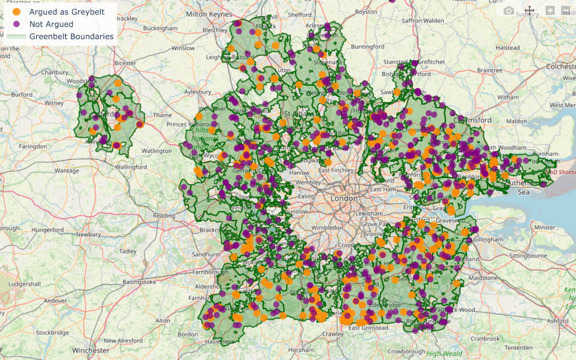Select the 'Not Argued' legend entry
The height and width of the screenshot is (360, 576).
click(51, 24)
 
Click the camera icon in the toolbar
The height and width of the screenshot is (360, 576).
click(509, 11)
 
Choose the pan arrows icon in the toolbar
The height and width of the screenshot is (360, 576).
click(530, 11)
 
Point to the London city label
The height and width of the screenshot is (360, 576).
click(344, 198)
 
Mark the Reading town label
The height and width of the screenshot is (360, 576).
click(164, 215)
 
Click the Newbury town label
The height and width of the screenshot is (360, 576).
click(88, 234)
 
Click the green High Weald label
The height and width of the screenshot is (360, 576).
click(444, 353)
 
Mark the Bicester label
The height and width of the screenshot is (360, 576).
click(125, 63)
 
